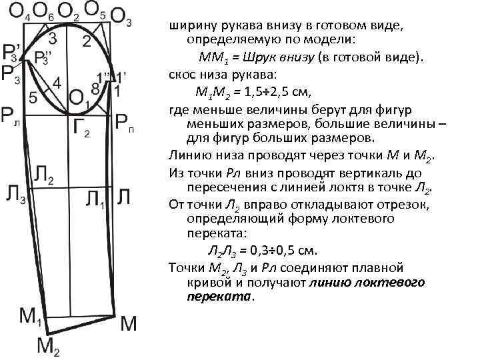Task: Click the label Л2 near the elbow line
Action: pos(44,177)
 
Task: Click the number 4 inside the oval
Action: pos(58,84)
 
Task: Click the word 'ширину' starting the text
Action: pos(188,25)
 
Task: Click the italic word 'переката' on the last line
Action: pos(219,297)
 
